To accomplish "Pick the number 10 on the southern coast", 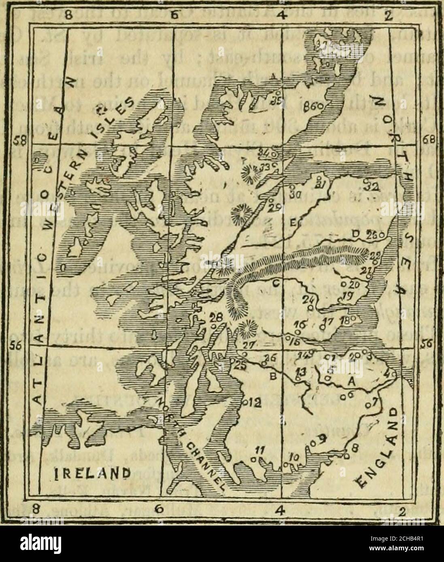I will click(x=295, y=457).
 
